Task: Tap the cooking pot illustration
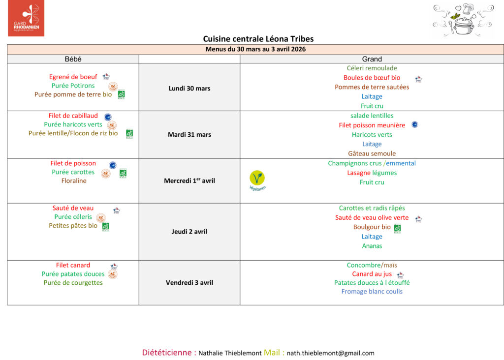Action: (462, 21)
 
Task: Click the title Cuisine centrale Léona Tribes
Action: (258, 39)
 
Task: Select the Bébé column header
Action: (73, 59)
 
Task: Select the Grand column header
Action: (372, 59)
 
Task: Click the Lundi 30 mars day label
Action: (189, 89)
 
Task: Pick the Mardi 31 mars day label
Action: (189, 135)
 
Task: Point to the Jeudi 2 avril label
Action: (189, 232)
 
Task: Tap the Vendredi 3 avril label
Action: (189, 283)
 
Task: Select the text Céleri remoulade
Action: (372, 68)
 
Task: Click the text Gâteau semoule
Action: (372, 153)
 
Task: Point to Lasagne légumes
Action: (372, 173)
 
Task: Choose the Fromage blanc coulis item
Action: (372, 292)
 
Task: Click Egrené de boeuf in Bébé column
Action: (73, 77)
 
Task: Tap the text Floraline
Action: (74, 181)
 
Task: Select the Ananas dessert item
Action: (372, 246)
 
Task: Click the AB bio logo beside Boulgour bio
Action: (397, 228)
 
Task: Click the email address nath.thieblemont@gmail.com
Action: (330, 353)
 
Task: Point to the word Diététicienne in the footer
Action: (169, 353)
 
